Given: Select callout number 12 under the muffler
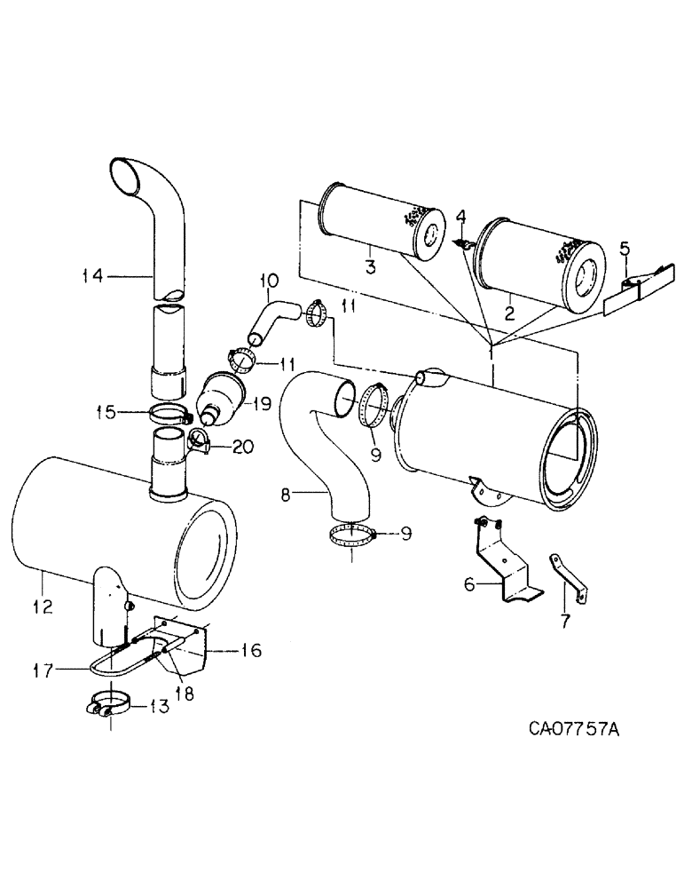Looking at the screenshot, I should click(43, 607).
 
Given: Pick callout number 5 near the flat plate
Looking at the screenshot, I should click(626, 249).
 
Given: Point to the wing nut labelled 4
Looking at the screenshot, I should click(463, 243).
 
